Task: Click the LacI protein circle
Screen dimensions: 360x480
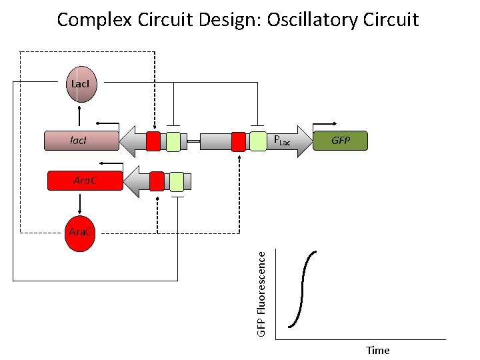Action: click(79, 85)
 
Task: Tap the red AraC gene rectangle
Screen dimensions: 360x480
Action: click(85, 181)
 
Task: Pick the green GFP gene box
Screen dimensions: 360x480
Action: click(340, 141)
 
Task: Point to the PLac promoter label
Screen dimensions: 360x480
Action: click(283, 141)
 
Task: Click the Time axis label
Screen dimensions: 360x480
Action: click(377, 350)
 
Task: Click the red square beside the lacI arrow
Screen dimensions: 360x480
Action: click(153, 141)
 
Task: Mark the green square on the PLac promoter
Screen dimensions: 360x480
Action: click(257, 141)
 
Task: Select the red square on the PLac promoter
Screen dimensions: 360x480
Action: click(238, 141)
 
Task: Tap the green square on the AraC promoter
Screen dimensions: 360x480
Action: click(176, 181)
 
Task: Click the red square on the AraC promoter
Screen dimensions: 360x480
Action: click(157, 181)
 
